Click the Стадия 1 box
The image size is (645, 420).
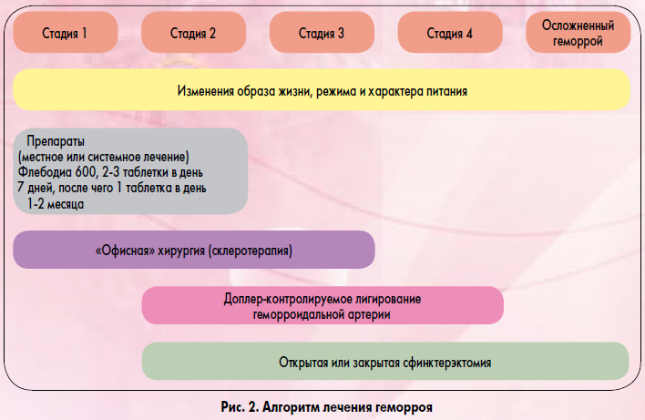pyautogui.click(x=66, y=32)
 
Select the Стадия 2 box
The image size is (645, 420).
pyautogui.click(x=194, y=32)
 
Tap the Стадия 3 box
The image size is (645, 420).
pyautogui.click(x=322, y=32)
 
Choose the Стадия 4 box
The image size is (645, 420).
pyautogui.click(x=450, y=32)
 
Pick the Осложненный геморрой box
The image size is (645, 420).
pyautogui.click(x=578, y=32)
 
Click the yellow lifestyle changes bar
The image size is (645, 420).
pyautogui.click(x=322, y=89)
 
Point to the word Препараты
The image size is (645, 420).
pyautogui.click(x=56, y=141)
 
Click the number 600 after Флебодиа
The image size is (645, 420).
pyautogui.click(x=85, y=172)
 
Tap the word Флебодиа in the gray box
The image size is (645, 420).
pyautogui.click(x=45, y=172)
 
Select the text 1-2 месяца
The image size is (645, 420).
pyautogui.click(x=56, y=204)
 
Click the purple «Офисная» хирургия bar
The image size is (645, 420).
pyautogui.click(x=194, y=250)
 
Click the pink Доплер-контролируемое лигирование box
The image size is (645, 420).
pyautogui.click(x=322, y=305)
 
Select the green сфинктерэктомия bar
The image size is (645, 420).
pyautogui.click(x=385, y=361)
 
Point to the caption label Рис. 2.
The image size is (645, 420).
pyautogui.click(x=239, y=407)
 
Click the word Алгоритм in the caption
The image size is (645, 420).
pyautogui.click(x=291, y=407)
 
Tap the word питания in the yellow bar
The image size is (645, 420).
pyautogui.click(x=446, y=91)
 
